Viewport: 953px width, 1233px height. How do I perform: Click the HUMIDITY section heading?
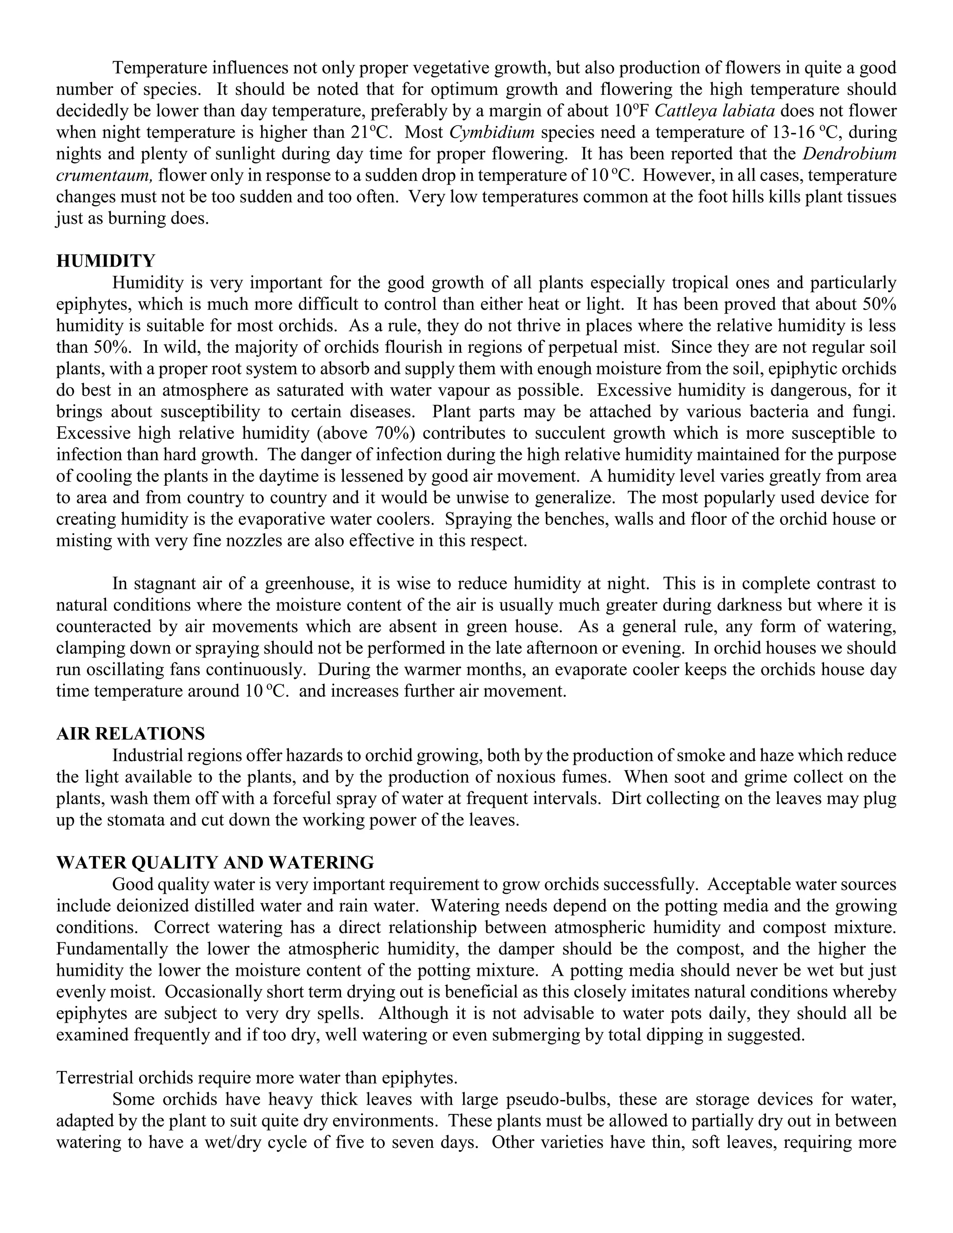106,261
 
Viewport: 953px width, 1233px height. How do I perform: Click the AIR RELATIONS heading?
130,734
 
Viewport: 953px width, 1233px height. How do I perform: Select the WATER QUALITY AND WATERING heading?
215,863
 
